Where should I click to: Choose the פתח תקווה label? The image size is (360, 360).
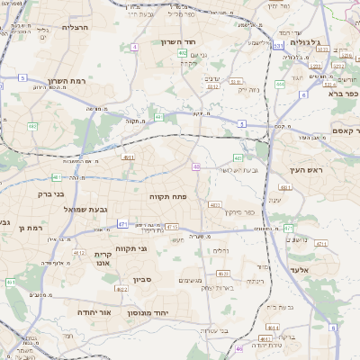click(x=167, y=195)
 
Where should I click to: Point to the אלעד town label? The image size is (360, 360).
click(x=300, y=269)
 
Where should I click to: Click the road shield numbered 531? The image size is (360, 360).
click(x=279, y=45)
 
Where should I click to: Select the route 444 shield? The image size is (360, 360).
click(x=280, y=85)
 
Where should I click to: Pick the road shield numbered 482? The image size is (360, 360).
click(x=31, y=125)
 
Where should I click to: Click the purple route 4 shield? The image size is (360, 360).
click(x=134, y=46)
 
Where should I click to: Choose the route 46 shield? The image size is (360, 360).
click(x=239, y=347)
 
